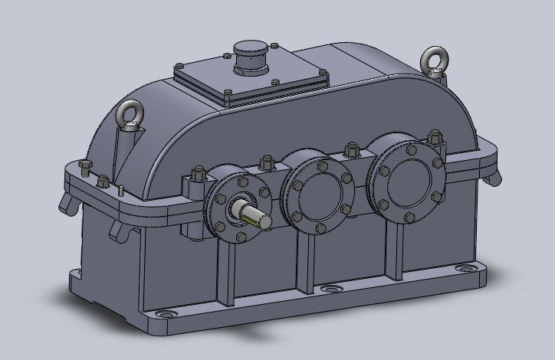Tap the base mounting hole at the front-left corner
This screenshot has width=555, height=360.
tap(166, 315)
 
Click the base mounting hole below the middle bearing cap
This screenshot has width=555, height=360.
tap(330, 289)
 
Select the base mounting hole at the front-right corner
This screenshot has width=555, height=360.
tap(465, 268)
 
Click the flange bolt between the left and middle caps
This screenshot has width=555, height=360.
tap(267, 162)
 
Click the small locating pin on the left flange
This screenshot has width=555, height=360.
tap(120, 188)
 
